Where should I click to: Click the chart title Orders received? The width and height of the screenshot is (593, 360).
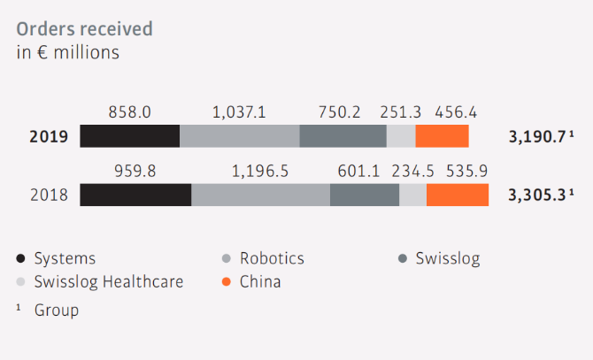(x=84, y=28)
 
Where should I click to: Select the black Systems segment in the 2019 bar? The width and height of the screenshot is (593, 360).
(x=129, y=136)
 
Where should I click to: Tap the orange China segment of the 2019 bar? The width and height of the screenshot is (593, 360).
(x=442, y=136)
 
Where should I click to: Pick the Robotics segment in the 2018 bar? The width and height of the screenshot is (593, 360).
(x=260, y=195)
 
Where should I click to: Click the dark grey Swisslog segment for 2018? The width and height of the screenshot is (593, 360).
(x=365, y=195)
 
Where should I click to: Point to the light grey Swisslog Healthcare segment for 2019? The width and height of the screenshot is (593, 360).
(x=401, y=136)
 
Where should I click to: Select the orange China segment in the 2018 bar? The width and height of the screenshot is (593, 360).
(x=458, y=195)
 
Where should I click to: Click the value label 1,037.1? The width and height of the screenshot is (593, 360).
(x=239, y=112)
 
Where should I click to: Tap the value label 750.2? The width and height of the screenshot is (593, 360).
(x=341, y=112)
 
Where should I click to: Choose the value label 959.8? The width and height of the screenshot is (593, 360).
(x=135, y=171)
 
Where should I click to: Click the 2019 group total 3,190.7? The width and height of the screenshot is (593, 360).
(x=539, y=137)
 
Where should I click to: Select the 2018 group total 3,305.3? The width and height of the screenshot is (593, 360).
(x=539, y=195)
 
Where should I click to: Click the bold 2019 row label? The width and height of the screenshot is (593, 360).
(x=48, y=137)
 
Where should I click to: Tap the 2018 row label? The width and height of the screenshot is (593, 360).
(x=48, y=195)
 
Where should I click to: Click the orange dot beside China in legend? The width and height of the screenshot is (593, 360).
(x=227, y=283)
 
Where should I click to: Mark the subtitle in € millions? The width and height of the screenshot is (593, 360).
(x=68, y=52)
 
